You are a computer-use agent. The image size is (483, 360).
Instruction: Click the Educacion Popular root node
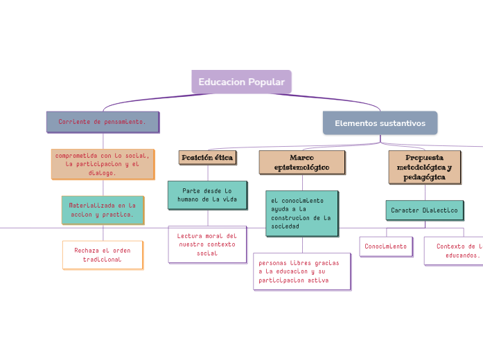point(241,82)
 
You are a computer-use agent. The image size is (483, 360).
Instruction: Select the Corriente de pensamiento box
point(103,121)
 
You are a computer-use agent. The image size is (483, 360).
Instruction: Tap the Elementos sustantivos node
point(380,123)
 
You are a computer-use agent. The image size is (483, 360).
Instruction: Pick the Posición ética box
point(207,158)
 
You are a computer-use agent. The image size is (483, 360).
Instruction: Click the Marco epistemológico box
point(301,163)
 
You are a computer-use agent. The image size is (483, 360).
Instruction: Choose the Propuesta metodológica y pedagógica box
point(424,168)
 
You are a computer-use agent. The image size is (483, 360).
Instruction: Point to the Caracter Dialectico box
point(424,210)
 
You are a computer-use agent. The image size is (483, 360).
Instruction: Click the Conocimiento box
point(385,246)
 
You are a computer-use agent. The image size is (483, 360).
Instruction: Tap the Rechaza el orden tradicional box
point(103,254)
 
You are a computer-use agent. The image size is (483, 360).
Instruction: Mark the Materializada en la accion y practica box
point(103,210)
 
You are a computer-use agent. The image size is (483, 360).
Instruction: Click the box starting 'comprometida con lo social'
point(103,164)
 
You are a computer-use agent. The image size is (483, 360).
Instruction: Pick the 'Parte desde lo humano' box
point(207,195)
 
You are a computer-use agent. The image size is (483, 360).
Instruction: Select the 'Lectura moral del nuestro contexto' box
point(207,244)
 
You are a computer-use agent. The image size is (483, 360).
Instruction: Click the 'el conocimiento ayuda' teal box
point(301,213)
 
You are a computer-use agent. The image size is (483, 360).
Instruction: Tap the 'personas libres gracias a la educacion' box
point(301,272)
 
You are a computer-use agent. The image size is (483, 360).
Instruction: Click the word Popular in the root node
point(266,82)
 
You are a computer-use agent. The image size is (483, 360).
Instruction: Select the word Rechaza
point(88,249)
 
